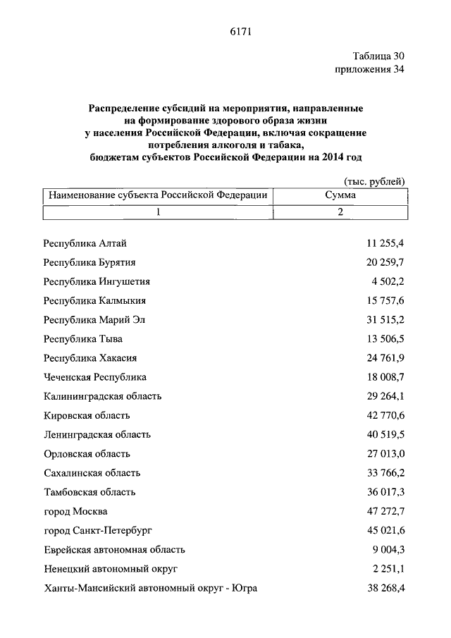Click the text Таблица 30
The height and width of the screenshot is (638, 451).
[378, 56]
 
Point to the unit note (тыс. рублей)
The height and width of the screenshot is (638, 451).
[375, 182]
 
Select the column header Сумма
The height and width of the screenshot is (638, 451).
[340, 195]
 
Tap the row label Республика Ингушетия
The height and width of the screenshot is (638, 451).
[97, 281]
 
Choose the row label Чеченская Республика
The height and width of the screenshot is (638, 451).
[94, 377]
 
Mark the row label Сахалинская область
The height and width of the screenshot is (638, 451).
[92, 473]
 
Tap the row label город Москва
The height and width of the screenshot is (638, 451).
[75, 511]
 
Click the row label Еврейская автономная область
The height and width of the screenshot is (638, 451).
[113, 549]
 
